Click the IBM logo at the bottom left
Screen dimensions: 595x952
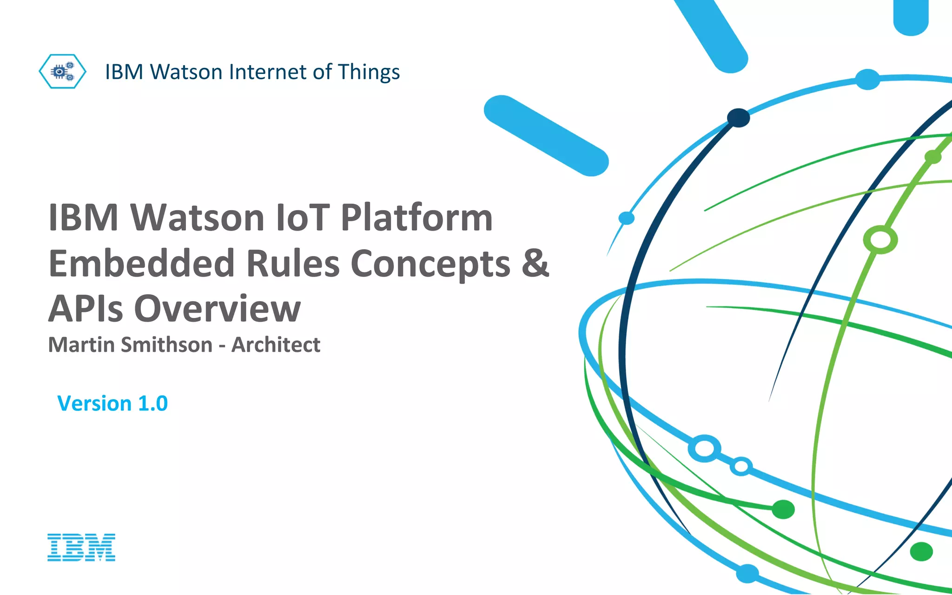(x=81, y=547)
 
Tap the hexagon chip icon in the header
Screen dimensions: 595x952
(x=62, y=72)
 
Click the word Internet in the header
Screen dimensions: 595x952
(x=267, y=72)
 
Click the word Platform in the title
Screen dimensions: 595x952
(x=416, y=218)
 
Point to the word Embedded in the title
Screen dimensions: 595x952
(x=141, y=263)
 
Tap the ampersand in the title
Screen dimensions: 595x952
(x=535, y=263)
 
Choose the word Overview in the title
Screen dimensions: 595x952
(x=218, y=308)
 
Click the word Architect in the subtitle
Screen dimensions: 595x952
(x=276, y=345)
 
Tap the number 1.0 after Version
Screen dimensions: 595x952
(x=153, y=403)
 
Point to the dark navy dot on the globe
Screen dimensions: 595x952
(x=738, y=118)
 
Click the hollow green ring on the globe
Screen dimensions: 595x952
(x=880, y=240)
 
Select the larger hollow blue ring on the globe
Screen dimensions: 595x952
(x=705, y=449)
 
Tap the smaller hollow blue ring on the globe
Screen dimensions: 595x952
(x=741, y=466)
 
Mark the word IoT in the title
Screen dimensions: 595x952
(x=303, y=218)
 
